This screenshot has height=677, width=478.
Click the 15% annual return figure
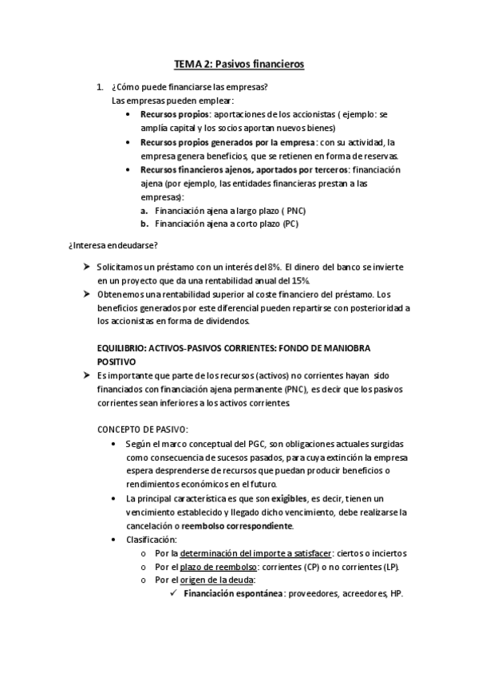pyautogui.click(x=297, y=281)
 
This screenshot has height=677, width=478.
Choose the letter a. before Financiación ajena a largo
pyautogui.click(x=144, y=210)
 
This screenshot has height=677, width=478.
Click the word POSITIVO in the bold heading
pyautogui.click(x=117, y=362)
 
